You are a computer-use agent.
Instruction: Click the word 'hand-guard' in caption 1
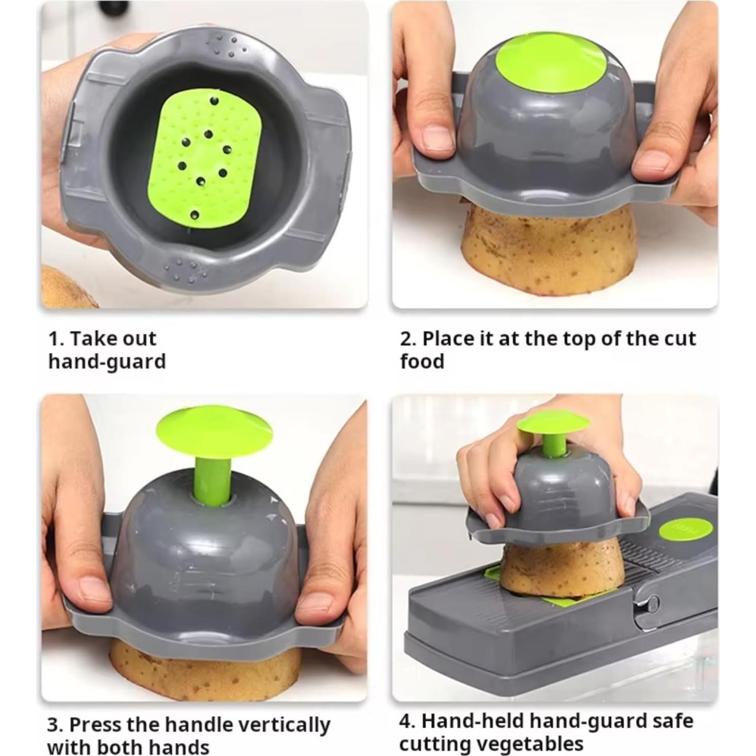click(107, 362)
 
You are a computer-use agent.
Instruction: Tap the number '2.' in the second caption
click(408, 339)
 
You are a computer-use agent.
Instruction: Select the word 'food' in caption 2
click(422, 362)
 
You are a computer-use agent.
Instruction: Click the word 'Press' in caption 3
click(95, 724)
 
